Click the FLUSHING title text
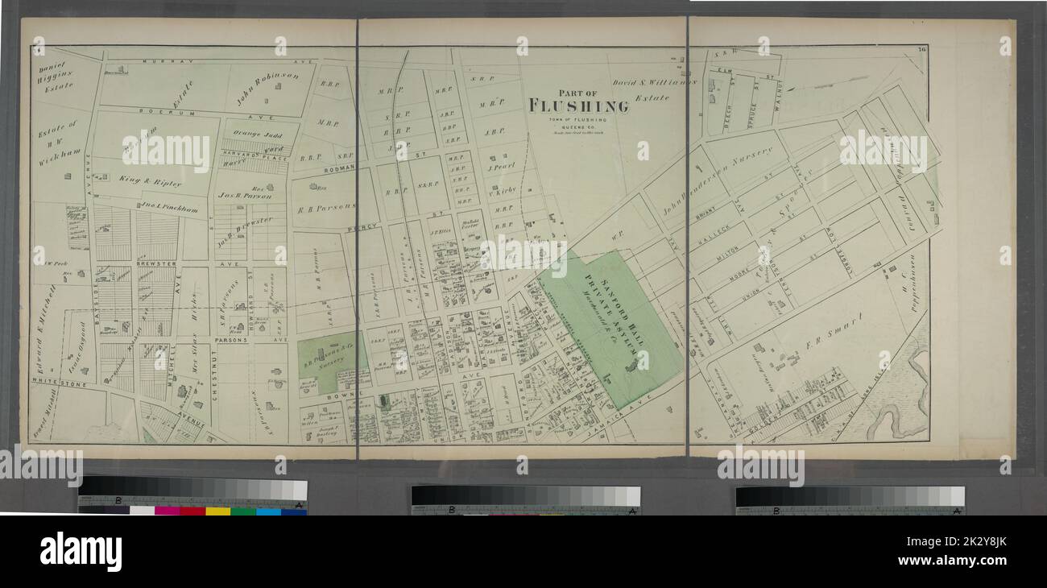[578, 106]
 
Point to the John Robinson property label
[267, 89]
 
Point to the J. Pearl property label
[501, 168]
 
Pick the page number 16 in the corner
[920, 52]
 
